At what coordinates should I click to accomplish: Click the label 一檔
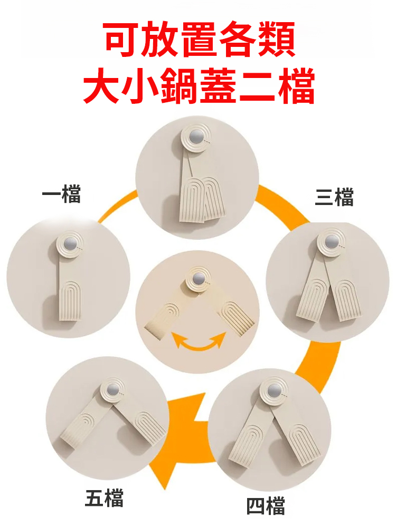(x=61, y=196)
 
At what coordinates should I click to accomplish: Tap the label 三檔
(x=334, y=198)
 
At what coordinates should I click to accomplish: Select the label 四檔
(x=266, y=506)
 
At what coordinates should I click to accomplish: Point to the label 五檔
(x=104, y=498)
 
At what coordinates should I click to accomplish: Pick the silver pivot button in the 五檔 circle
(x=113, y=391)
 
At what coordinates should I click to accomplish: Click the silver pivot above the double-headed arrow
(x=199, y=279)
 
